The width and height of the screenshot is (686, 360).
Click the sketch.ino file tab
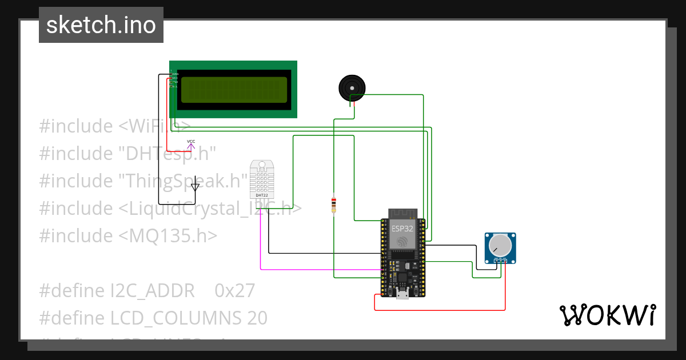click(x=101, y=25)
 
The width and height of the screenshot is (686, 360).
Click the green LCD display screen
click(x=233, y=90)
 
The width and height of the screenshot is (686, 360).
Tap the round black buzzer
click(x=352, y=88)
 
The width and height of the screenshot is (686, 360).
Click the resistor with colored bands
click(x=334, y=205)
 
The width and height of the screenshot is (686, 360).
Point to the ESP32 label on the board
click(x=402, y=228)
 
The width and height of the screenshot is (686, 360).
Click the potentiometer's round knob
click(x=500, y=245)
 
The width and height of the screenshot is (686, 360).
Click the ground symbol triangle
click(x=196, y=186)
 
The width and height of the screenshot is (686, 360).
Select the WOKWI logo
click(x=607, y=315)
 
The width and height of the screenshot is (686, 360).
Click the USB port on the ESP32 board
click(x=403, y=294)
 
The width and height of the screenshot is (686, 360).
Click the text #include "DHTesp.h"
click(x=127, y=153)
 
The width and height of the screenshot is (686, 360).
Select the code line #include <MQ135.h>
click(x=128, y=235)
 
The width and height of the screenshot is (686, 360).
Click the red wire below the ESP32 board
click(x=440, y=310)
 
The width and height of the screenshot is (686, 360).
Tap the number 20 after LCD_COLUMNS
click(x=258, y=318)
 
